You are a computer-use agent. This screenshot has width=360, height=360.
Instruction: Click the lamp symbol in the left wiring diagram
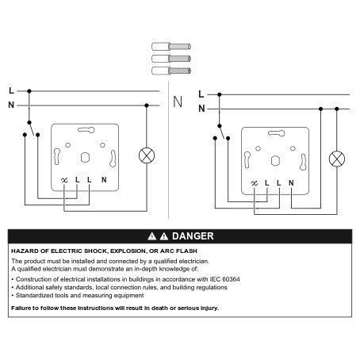(147, 155)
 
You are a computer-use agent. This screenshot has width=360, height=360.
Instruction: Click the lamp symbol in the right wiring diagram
(337, 159)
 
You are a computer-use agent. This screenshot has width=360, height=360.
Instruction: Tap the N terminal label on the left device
(104, 180)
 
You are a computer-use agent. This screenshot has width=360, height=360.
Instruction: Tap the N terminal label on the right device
(291, 183)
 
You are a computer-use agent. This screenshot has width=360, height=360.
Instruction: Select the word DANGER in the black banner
(193, 236)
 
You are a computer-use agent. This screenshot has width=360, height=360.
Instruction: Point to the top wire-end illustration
(171, 47)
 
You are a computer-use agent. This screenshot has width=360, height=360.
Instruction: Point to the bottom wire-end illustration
(171, 71)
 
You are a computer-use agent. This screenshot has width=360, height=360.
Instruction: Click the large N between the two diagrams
(178, 101)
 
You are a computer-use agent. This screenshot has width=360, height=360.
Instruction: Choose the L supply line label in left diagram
(11, 90)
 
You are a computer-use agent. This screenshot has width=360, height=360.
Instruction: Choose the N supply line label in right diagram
(201, 109)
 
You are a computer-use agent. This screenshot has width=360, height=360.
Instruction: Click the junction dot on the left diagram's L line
(29, 91)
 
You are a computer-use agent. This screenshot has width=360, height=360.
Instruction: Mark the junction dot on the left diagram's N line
(147, 105)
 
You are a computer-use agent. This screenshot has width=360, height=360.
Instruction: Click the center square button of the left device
(85, 158)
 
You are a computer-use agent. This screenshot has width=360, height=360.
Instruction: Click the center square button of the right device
(275, 161)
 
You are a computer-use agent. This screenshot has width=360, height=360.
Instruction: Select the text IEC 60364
(225, 279)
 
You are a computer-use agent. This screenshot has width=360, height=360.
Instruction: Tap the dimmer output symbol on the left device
(64, 180)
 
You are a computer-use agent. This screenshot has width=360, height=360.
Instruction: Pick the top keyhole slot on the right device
(276, 133)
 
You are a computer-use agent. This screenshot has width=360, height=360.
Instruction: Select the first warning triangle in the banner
(152, 236)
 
